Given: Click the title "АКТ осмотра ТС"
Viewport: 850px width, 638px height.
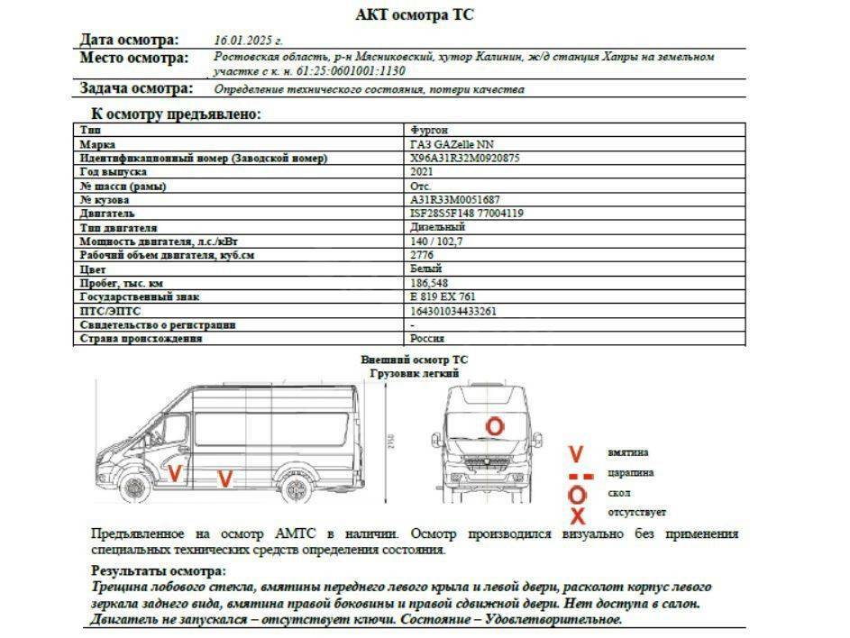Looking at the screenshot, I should pos(414,14).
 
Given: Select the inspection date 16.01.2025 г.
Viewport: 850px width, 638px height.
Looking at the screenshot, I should pos(249,41).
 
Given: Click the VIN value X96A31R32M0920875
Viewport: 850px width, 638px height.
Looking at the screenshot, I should pos(464,158).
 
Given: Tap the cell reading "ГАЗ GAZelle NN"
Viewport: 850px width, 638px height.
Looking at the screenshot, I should pos(452,144).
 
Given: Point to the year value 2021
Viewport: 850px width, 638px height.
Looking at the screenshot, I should pos(422,171).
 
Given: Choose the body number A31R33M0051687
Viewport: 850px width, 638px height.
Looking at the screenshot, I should pos(454,199).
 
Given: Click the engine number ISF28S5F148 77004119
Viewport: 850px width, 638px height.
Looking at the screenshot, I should pos(466,214).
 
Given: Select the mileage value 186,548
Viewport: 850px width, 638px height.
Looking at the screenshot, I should pos(428,283).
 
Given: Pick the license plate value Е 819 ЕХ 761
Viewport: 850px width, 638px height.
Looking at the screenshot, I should pos(443,296).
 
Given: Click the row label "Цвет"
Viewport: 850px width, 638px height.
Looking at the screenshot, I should pos(92,269).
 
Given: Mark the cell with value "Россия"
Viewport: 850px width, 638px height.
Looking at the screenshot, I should pos(427,339).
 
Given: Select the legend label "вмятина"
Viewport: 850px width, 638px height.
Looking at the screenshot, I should pos(628,452).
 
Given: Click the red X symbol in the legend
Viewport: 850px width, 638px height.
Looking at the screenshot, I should pos(577,515).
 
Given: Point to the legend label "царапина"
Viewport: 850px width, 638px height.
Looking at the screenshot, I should pos(631,473).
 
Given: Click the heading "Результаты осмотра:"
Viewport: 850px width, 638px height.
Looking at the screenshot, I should pos(159,571).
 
